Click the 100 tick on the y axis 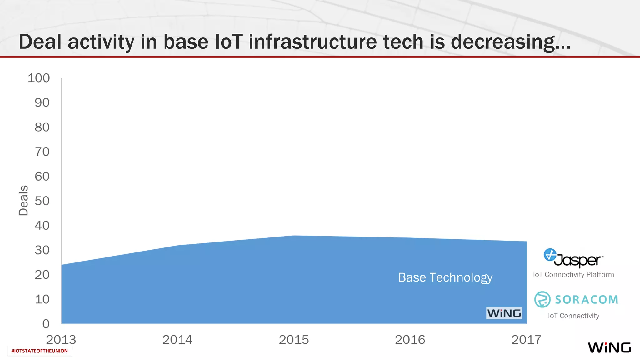point(39,78)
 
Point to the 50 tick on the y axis point(42,201)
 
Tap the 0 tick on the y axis point(46,324)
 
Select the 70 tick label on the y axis point(42,152)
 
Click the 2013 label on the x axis point(61,340)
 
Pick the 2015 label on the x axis point(294,340)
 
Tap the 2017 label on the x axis point(526,340)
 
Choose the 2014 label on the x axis point(177,340)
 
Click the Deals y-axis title point(23,200)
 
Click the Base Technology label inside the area point(445,277)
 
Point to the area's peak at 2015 point(294,236)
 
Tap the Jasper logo point(573,258)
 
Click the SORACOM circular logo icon point(542,299)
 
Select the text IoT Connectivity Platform point(573,275)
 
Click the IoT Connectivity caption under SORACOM point(573,316)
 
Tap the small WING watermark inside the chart point(504,313)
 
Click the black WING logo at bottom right point(609,347)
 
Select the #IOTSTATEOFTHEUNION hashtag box point(40,351)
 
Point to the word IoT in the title point(229,42)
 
